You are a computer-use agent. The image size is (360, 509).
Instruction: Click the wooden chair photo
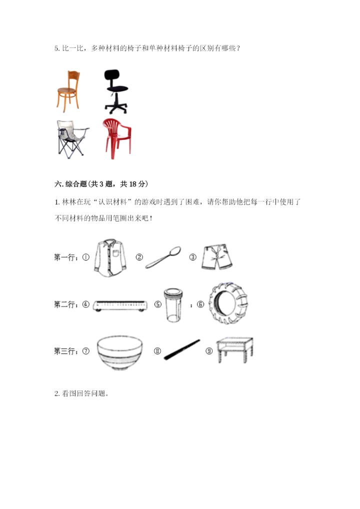67,91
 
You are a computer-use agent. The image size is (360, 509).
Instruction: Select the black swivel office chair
115,91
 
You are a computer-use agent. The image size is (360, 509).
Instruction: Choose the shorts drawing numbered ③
217,257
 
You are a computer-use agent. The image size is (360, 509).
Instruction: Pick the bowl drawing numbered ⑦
119,352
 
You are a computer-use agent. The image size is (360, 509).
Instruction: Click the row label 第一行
65,257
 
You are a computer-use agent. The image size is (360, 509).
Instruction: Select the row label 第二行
65,304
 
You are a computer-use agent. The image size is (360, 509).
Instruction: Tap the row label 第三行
65,351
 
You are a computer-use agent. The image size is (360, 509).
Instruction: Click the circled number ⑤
157,304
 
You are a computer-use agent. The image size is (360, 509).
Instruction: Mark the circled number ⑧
157,351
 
